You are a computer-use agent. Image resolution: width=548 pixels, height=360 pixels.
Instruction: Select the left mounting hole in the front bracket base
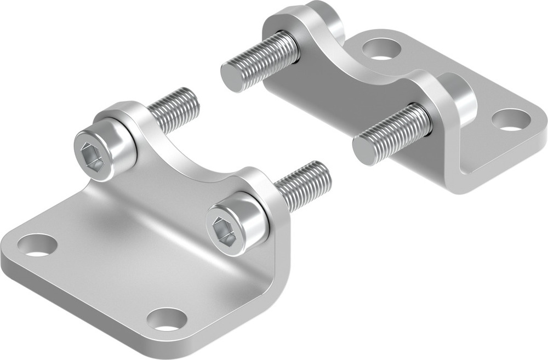(37, 245)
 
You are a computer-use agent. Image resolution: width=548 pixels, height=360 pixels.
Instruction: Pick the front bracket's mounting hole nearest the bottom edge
(167, 318)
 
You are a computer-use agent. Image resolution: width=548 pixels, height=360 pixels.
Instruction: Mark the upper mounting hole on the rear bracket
(378, 49)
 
